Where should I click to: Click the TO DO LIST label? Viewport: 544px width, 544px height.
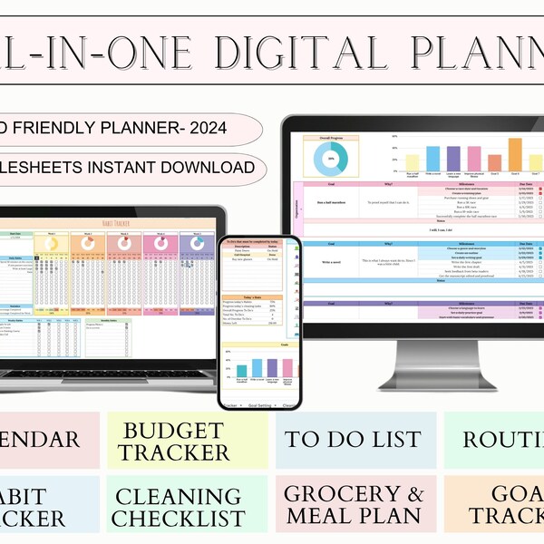pos(355,440)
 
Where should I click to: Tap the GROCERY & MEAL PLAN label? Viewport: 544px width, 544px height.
pos(355,505)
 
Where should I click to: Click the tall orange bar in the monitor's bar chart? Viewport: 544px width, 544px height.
pos(514,154)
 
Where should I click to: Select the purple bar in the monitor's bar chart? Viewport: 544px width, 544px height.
pos(453,159)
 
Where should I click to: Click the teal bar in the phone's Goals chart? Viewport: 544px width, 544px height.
pos(242,368)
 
